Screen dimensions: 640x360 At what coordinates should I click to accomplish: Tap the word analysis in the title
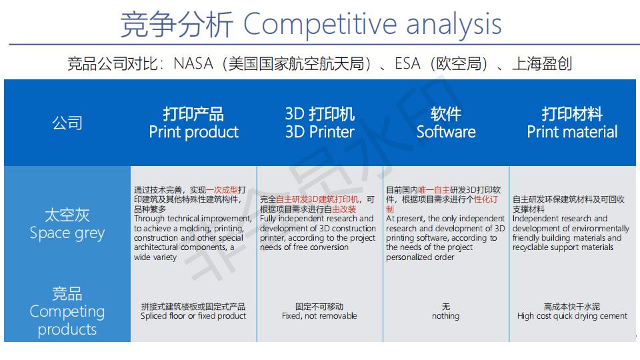(453, 24)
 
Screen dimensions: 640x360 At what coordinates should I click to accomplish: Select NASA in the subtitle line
(193, 64)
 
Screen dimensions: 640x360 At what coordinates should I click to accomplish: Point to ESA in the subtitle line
(407, 64)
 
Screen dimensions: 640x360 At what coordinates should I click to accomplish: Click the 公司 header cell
(67, 123)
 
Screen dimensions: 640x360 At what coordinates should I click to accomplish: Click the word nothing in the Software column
(446, 316)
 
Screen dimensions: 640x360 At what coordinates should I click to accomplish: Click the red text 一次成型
(222, 190)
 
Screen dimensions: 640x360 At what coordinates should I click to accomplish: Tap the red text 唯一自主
(434, 190)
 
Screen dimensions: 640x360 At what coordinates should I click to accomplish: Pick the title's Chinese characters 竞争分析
(177, 24)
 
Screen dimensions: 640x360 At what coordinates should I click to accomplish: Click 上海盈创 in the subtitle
(542, 64)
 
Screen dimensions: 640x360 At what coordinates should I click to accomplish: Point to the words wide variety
(155, 257)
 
